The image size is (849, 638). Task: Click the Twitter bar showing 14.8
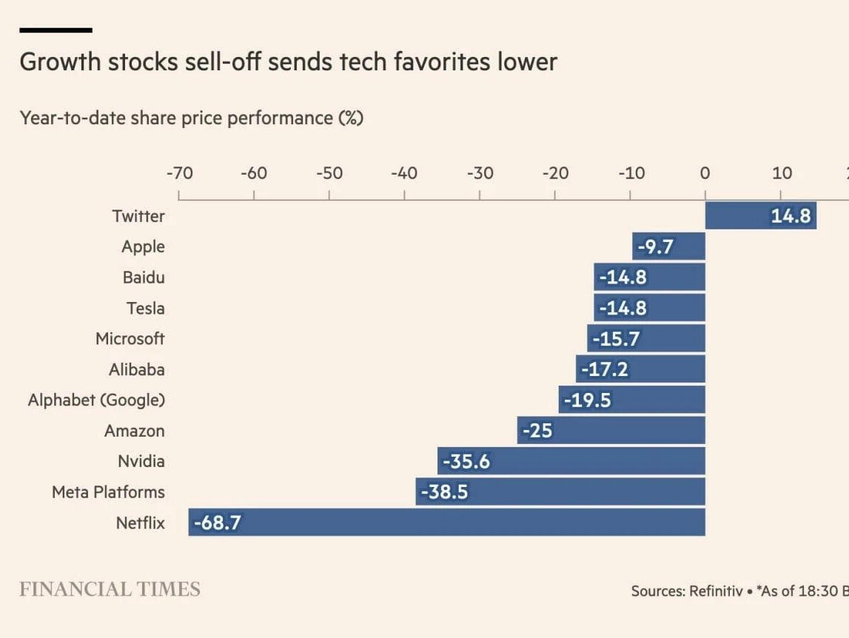tap(760, 216)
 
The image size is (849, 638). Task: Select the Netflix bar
tap(446, 523)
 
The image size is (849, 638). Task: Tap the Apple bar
tap(668, 246)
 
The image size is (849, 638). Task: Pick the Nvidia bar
tap(571, 461)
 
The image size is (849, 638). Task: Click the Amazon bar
tap(611, 430)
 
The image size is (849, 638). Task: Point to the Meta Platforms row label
tap(108, 492)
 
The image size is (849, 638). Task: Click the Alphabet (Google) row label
tap(96, 400)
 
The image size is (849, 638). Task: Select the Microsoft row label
tap(130, 339)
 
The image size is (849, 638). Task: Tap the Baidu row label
tap(144, 278)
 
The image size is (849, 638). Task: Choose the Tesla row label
tap(145, 308)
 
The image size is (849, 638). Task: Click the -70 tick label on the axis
tap(178, 173)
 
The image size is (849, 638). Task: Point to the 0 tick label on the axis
tap(705, 173)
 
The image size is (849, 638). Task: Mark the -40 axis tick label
tap(404, 173)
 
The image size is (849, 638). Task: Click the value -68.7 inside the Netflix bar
tap(217, 523)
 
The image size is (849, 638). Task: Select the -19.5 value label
tap(587, 400)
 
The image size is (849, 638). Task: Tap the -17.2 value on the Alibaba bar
tap(604, 369)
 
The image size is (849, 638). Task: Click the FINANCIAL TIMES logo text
tap(110, 589)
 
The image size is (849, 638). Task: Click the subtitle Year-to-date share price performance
tap(191, 118)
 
